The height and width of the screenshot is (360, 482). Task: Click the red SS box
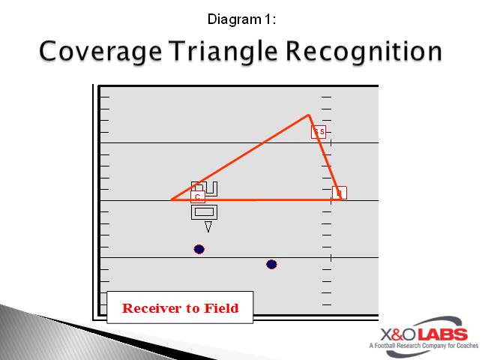[x=319, y=132]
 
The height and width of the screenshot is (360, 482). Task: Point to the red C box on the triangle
[x=197, y=196]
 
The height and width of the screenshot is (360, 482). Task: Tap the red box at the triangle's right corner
[x=339, y=193]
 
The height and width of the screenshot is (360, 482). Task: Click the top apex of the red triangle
[x=308, y=115]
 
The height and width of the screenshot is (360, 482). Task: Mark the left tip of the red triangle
[x=172, y=199]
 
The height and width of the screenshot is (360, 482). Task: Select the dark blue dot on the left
[x=199, y=249]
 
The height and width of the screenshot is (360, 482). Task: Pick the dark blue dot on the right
[x=271, y=264]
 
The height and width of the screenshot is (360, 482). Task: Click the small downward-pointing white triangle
[x=208, y=226]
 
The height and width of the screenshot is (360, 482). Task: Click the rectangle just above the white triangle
[x=205, y=211]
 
